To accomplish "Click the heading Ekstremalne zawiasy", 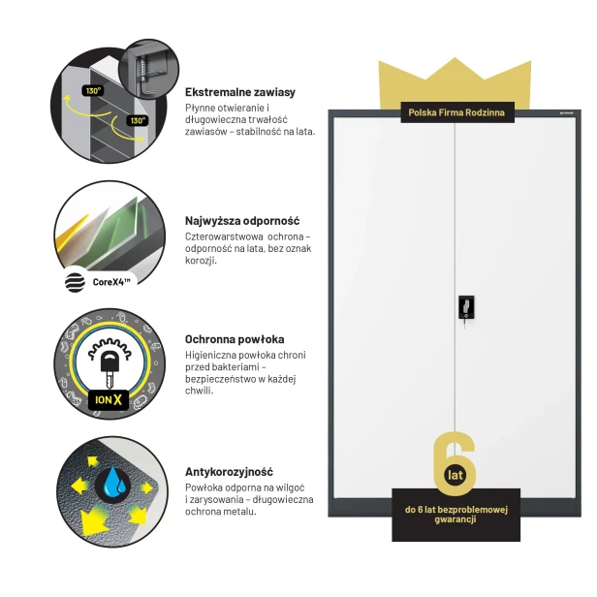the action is (240, 92).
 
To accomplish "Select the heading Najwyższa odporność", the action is (242, 221).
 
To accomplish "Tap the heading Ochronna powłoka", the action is (235, 339).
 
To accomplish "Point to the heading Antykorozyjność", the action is (229, 472).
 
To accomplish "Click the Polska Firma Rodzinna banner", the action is (457, 112).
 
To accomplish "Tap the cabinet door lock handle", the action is (466, 307).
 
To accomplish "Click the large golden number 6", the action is (455, 463).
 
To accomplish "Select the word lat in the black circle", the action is (456, 475).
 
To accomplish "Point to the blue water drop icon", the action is (112, 483).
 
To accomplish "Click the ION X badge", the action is (109, 399).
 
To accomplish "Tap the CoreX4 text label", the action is (111, 282).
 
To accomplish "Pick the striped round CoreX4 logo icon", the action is (75, 283).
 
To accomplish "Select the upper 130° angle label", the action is (93, 91).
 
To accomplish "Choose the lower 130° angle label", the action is (138, 121).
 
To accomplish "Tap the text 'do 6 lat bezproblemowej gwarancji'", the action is (456, 515).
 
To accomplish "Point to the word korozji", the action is (201, 261).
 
